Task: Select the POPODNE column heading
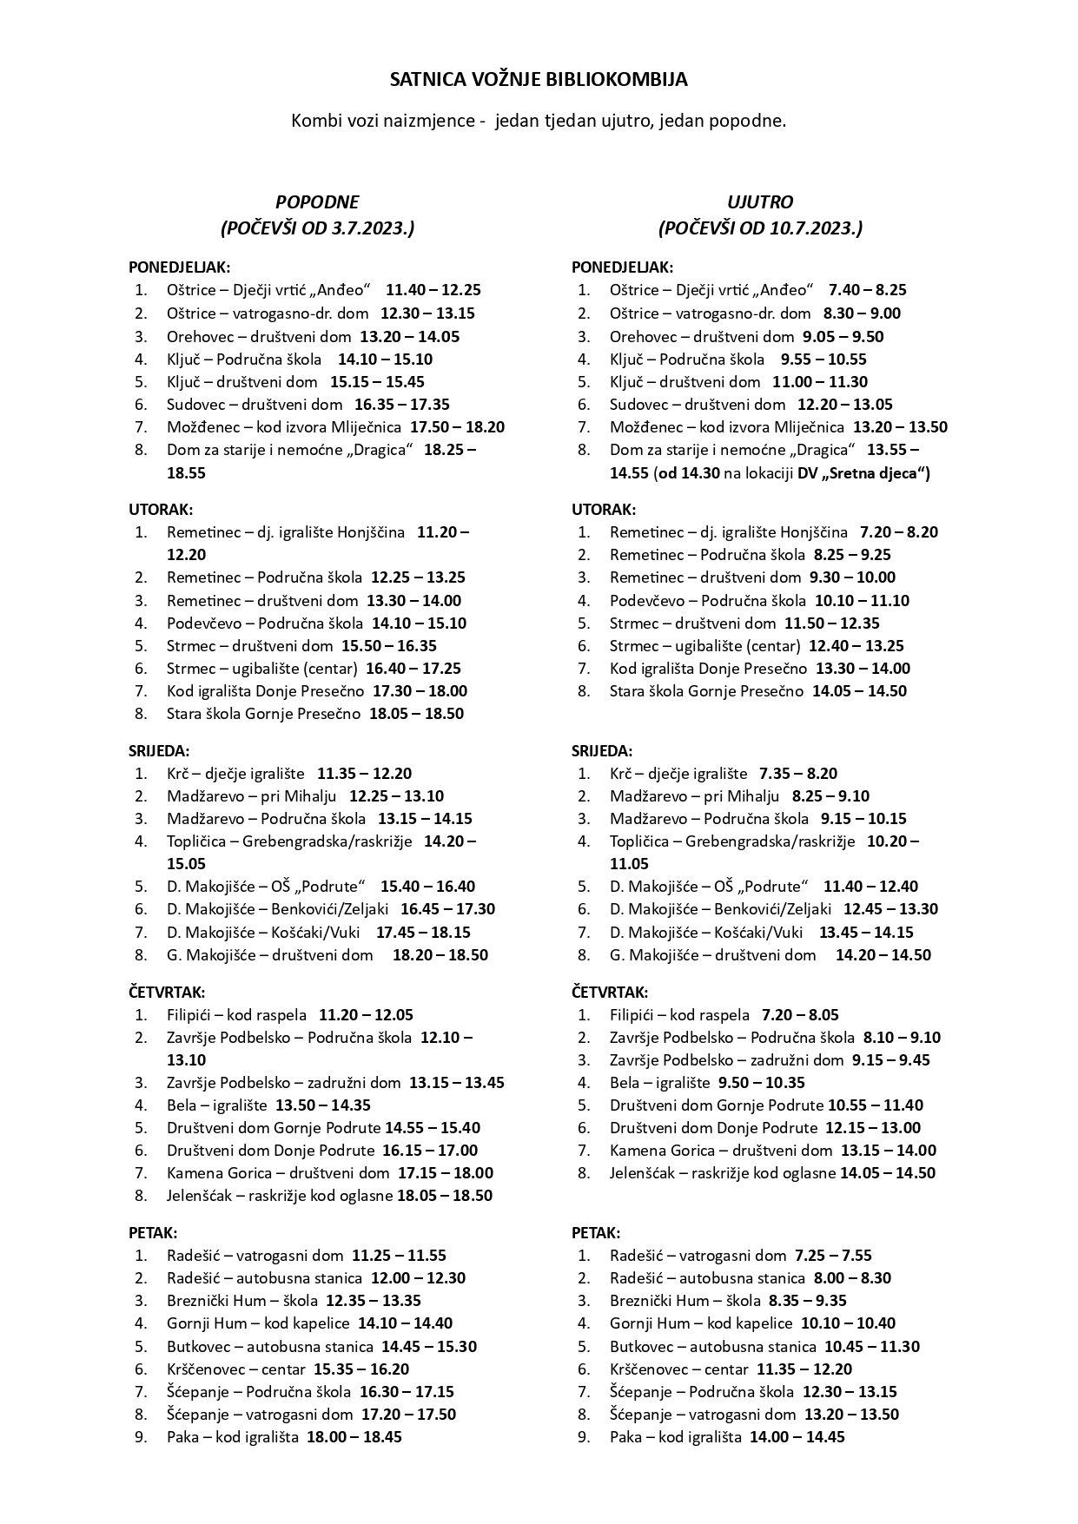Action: (x=317, y=202)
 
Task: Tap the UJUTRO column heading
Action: (x=760, y=202)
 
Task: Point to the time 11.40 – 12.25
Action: (x=433, y=290)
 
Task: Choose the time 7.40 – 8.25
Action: (x=868, y=290)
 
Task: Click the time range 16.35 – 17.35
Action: (x=402, y=404)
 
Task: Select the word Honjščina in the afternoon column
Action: (x=370, y=532)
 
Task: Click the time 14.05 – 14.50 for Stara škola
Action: (x=859, y=691)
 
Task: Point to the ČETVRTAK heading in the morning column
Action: (x=610, y=992)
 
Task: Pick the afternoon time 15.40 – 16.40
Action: (x=427, y=887)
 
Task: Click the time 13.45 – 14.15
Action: (x=866, y=932)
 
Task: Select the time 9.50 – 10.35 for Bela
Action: (x=762, y=1083)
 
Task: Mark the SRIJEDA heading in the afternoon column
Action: (x=159, y=751)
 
